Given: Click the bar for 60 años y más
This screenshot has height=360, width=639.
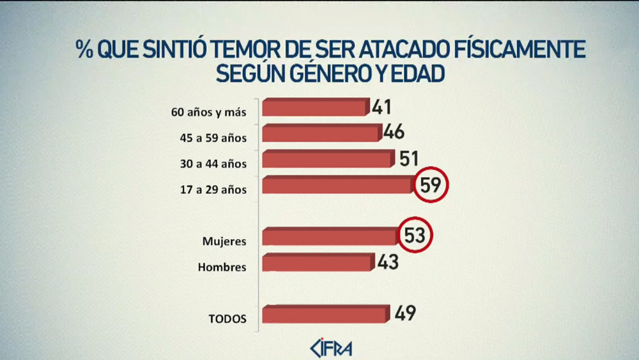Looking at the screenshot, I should [316, 107].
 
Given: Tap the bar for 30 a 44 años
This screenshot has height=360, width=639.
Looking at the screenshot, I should [328, 159].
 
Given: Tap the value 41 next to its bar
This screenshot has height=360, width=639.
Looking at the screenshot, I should [381, 106].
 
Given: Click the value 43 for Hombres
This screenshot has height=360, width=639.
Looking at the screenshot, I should [387, 262].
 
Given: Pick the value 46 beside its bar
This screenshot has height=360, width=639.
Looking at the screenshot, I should [394, 132].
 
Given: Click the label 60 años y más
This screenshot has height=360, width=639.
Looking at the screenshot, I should [208, 112].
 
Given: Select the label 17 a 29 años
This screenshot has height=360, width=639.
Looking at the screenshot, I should [213, 189].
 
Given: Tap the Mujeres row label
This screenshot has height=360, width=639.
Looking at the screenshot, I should [224, 241].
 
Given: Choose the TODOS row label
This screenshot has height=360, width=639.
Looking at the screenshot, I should [227, 318].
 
